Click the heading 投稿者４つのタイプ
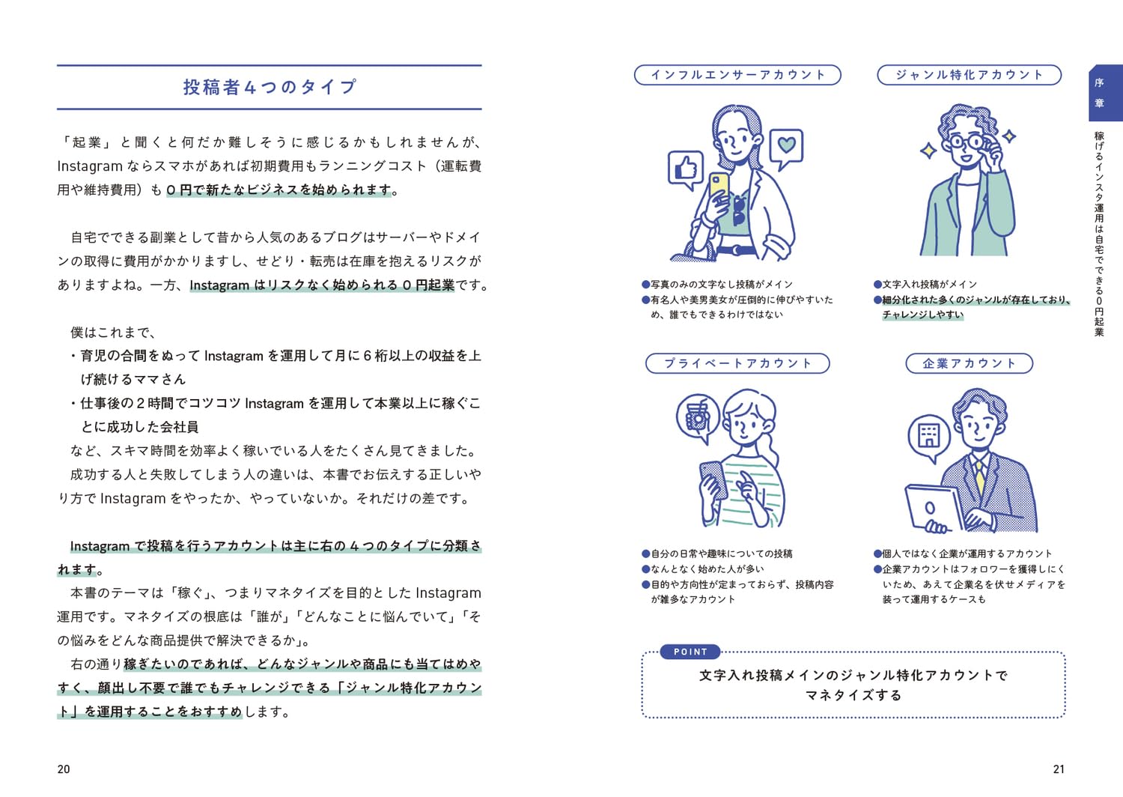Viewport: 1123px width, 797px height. click(270, 88)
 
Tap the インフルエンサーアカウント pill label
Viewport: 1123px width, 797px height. click(737, 75)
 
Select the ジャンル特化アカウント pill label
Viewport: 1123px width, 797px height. click(969, 75)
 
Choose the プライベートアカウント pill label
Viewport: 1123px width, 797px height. click(737, 363)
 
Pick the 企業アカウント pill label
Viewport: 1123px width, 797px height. click(969, 363)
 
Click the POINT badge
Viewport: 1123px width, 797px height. click(690, 652)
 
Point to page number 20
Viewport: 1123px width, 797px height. click(64, 769)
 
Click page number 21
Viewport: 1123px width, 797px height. click(1059, 769)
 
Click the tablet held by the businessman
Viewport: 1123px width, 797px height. click(934, 508)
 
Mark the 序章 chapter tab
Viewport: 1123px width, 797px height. click(1105, 93)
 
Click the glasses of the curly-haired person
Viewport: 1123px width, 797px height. click(967, 142)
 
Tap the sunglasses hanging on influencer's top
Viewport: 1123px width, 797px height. click(738, 211)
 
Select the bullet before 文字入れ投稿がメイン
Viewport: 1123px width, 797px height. click(878, 285)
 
